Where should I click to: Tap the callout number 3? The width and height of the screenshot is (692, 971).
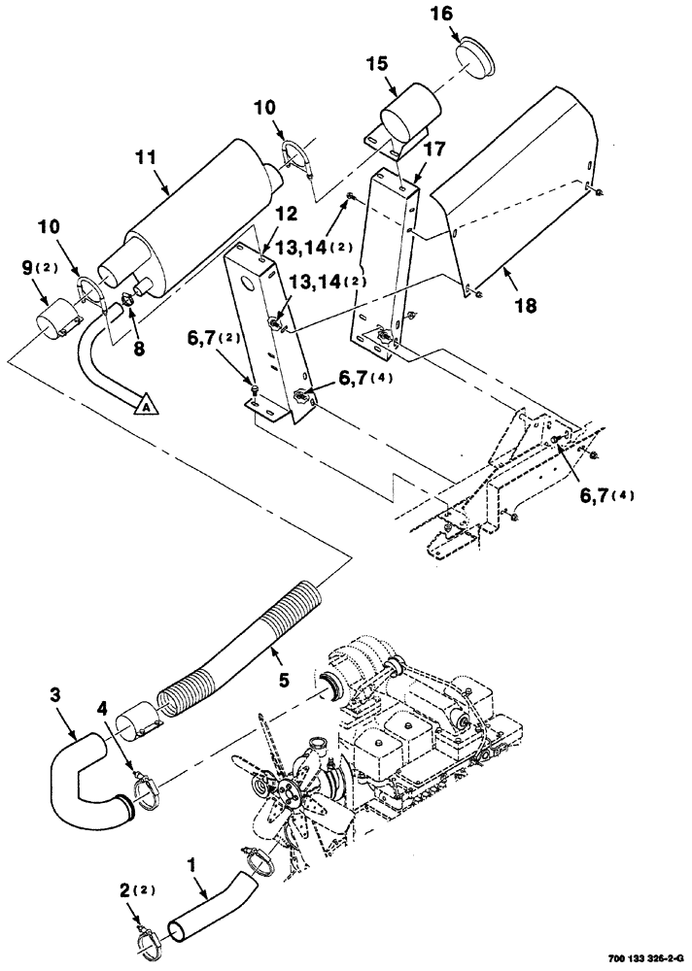tap(55, 695)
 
